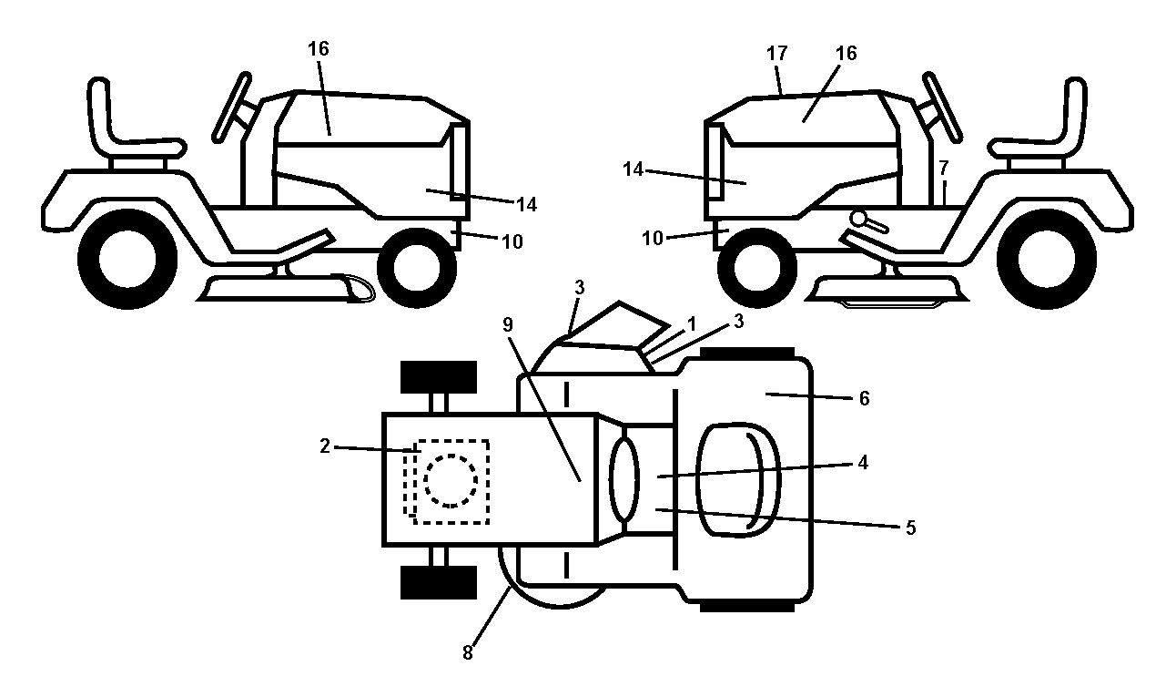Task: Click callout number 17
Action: click(776, 53)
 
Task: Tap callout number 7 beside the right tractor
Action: click(944, 168)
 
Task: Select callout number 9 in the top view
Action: click(508, 324)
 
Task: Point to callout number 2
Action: click(325, 446)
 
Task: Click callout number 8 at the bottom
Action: click(468, 652)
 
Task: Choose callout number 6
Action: click(864, 398)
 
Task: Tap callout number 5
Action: click(910, 528)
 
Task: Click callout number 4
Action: click(863, 462)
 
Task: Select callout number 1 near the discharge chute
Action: click(692, 324)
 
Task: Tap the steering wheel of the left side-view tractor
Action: click(232, 108)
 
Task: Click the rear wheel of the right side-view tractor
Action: click(1046, 259)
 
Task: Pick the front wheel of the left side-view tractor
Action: click(417, 268)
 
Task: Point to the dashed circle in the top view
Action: click(451, 481)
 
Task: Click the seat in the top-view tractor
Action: click(738, 479)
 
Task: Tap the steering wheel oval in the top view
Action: click(624, 479)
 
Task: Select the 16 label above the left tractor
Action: click(318, 49)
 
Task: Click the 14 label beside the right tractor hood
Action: click(633, 169)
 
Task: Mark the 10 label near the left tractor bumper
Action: click(512, 241)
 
